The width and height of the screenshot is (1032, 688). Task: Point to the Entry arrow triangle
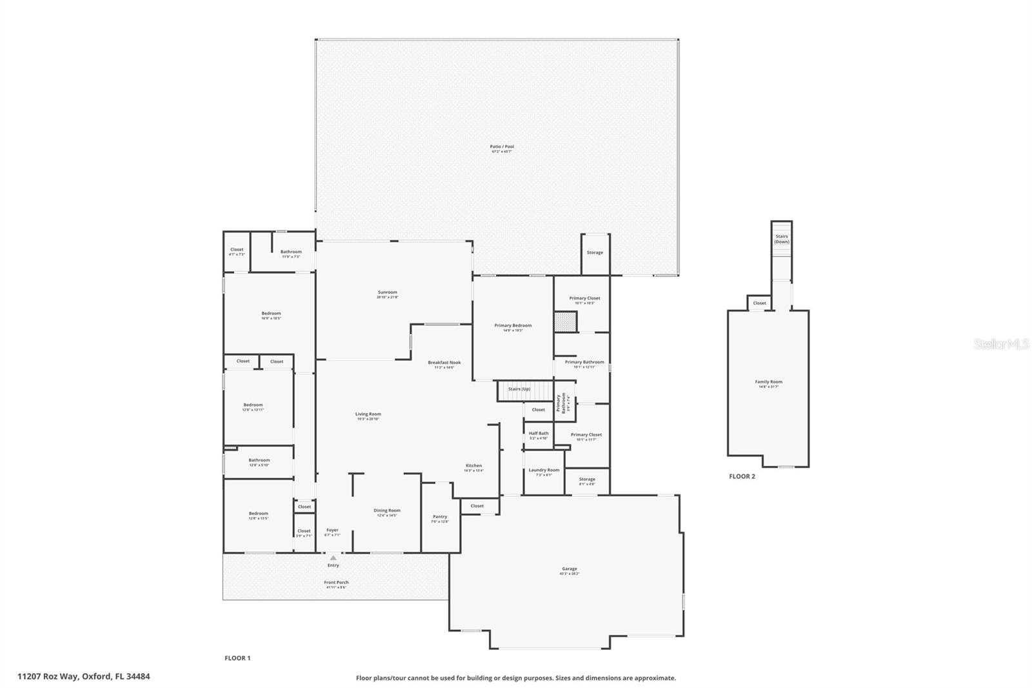[x=333, y=557]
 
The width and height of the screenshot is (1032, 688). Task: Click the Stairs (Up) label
[x=519, y=389]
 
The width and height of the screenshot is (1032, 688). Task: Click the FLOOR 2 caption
[x=742, y=476]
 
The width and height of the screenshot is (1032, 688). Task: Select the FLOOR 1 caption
[x=237, y=658]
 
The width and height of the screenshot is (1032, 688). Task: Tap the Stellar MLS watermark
[x=1001, y=344]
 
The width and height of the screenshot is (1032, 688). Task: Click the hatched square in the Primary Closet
[x=566, y=321]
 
